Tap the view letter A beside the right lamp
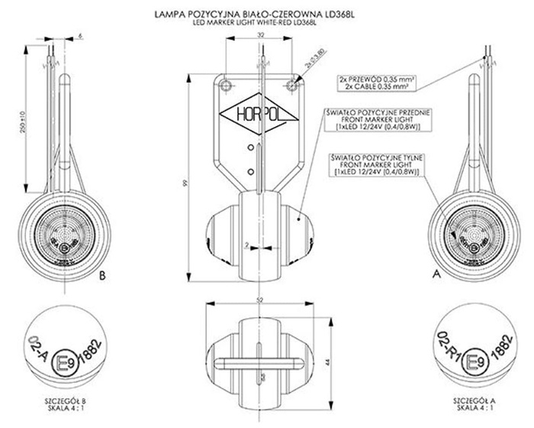[x=436, y=271]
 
